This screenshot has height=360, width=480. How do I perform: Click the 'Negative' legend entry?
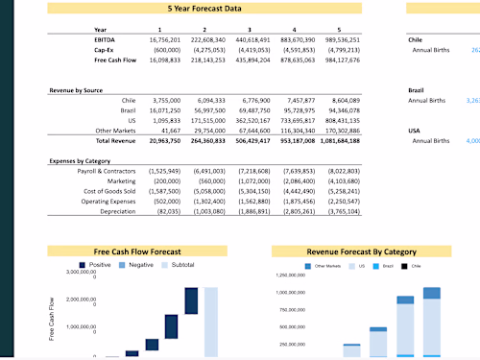(x=141, y=264)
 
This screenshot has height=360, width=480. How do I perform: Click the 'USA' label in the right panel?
(x=416, y=131)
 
